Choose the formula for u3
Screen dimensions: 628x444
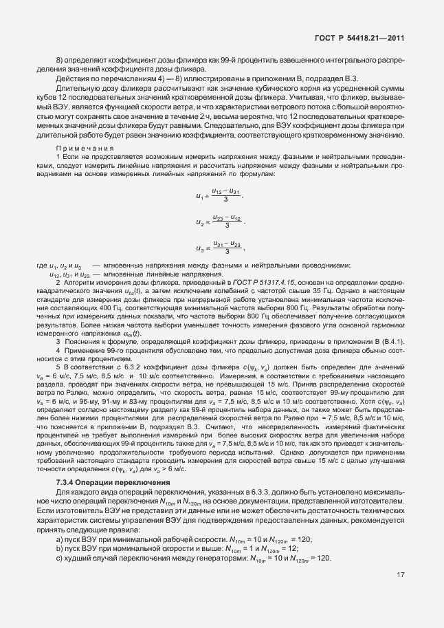[220, 248]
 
